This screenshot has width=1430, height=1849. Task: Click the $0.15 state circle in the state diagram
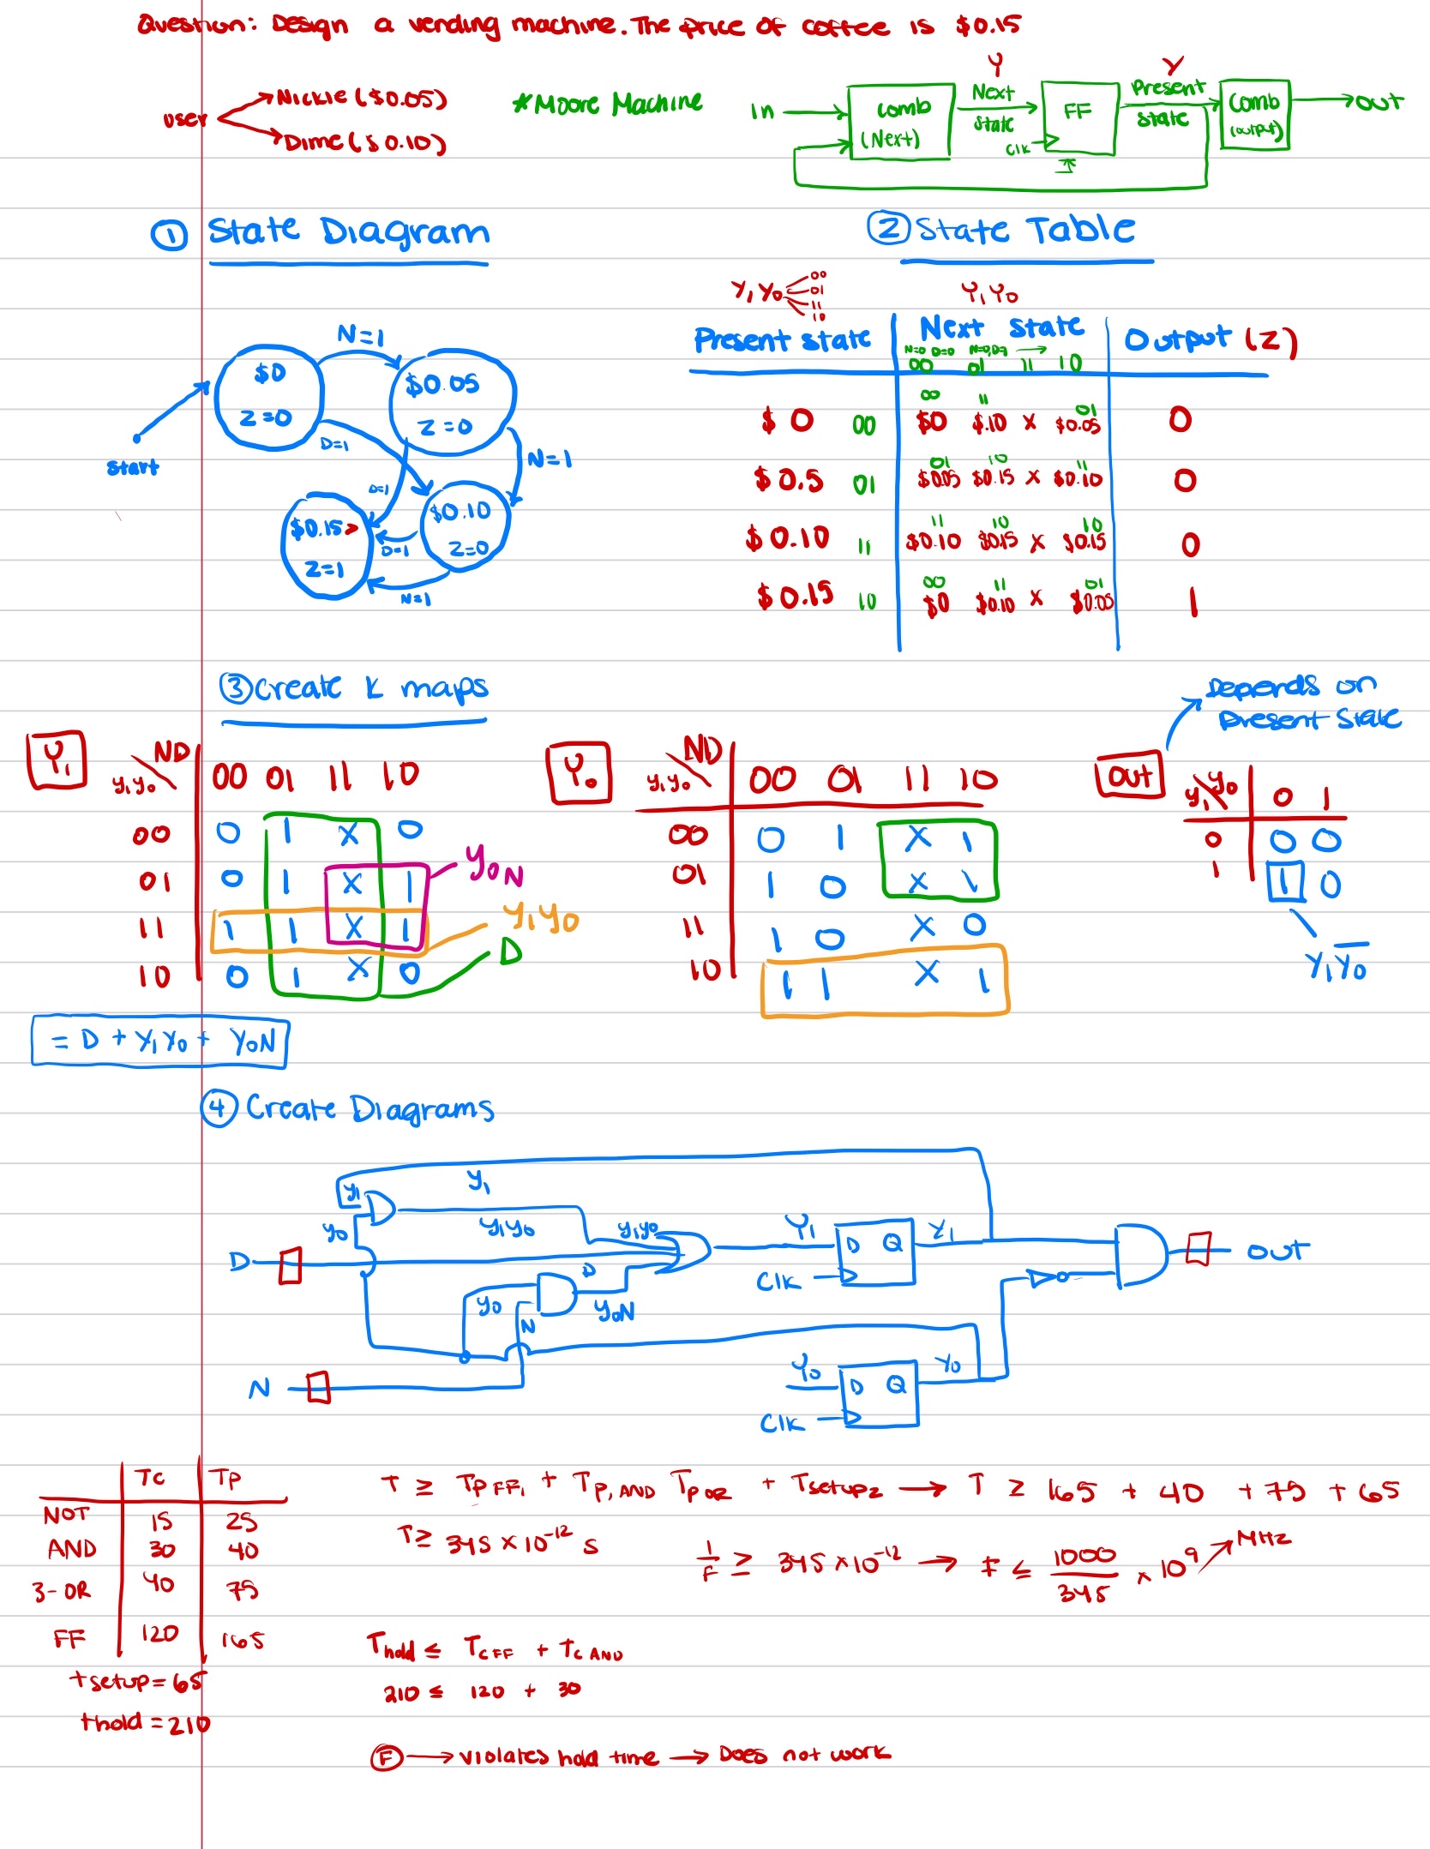325,546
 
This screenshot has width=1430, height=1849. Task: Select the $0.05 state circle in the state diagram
451,402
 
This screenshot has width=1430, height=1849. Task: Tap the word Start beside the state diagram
133,467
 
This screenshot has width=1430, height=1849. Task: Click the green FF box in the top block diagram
1079,117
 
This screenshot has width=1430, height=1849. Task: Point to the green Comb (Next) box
899,122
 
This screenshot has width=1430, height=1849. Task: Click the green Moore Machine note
608,105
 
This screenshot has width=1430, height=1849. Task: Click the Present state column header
782,340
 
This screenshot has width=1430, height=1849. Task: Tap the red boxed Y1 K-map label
57,759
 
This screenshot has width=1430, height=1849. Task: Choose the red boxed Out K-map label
1130,776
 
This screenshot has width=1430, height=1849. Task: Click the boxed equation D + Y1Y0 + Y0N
159,1042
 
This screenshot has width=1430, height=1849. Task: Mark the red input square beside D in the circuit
291,1265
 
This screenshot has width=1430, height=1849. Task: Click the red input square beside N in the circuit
318,1387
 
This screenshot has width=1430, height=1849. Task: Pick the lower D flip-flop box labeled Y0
880,1395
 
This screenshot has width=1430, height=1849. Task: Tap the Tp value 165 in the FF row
243,1641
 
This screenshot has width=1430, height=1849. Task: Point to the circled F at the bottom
386,1758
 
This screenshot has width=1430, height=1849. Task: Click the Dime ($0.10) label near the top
365,142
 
